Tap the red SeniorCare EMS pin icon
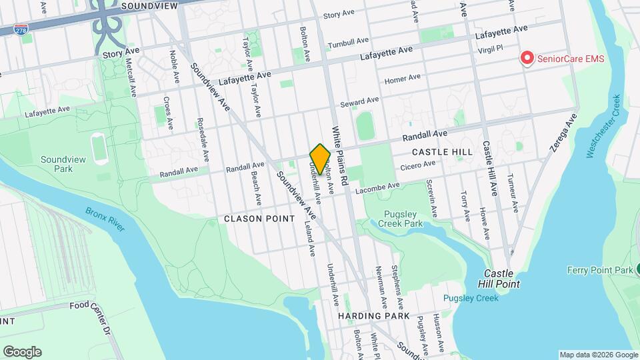coord(527,59)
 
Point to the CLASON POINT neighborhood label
coord(259,219)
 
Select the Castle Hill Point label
coord(501,279)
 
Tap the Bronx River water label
coord(105,219)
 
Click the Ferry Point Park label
coord(599,270)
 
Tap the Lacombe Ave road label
coord(378,189)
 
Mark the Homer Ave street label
coord(403,79)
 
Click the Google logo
coord(22,352)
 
